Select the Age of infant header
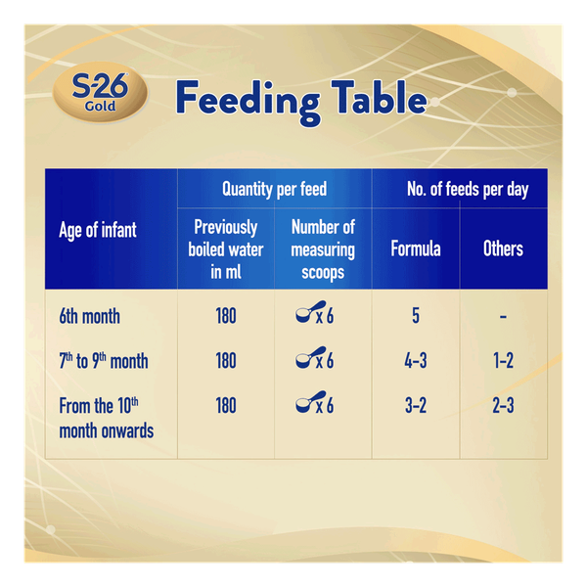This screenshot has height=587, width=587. tap(98, 231)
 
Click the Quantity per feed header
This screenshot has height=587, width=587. tap(274, 189)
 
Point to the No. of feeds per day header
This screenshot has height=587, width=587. tap(468, 189)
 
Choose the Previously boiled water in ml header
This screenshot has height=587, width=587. tap(226, 248)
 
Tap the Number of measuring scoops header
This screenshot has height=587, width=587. tap(323, 248)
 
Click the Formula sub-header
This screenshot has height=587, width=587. tap(416, 248)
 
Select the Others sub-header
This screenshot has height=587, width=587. tap(503, 248)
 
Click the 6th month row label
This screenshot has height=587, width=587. tap(89, 317)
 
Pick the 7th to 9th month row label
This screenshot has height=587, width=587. tap(104, 361)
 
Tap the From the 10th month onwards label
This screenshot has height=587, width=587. tap(106, 418)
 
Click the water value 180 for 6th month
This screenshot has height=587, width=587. tap(226, 317)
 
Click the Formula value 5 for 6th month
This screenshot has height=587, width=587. tap(416, 317)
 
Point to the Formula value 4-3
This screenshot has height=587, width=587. tap(416, 361)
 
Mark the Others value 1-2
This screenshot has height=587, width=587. tap(503, 361)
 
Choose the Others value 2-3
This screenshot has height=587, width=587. tap(503, 405)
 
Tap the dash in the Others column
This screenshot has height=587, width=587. tap(503, 317)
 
